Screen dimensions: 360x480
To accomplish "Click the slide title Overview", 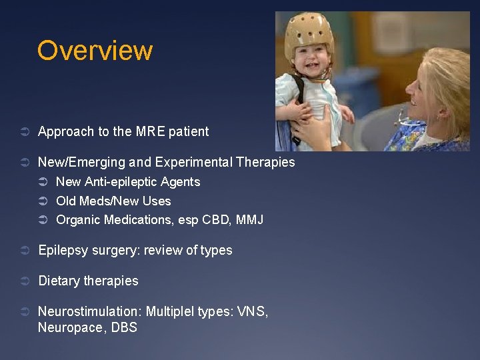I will tap(95, 51).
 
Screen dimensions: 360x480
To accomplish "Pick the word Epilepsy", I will tap(63, 251).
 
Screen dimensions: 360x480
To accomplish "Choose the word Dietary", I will tap(59, 281).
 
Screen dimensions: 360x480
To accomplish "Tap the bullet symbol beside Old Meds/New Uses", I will tap(43, 201).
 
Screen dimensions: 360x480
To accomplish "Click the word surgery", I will tap(115, 251).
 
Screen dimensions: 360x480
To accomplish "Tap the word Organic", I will tap(78, 219).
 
